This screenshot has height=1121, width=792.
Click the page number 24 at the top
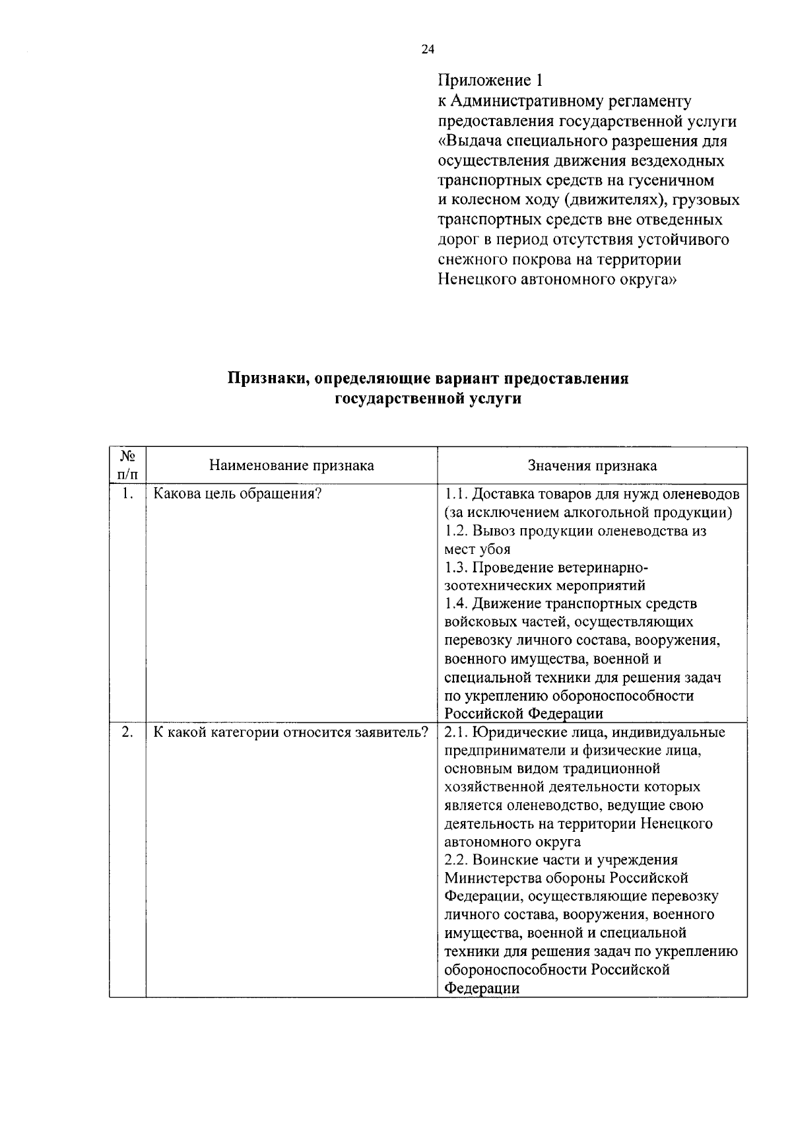(x=428, y=50)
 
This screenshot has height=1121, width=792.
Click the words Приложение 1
(x=491, y=81)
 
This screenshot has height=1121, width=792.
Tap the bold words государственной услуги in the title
(x=428, y=399)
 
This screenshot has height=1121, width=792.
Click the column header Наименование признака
(x=291, y=466)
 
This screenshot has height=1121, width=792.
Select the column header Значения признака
(x=592, y=466)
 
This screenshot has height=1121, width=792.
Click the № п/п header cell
(x=128, y=465)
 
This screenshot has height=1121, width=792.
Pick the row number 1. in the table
(x=128, y=494)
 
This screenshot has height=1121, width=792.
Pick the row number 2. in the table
(x=128, y=732)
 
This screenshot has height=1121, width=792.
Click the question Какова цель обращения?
(x=237, y=494)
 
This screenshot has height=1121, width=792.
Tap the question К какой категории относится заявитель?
(x=291, y=732)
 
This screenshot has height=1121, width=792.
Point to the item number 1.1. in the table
(x=457, y=494)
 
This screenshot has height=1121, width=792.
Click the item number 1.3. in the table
(x=457, y=567)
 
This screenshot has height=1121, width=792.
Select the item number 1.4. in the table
(x=457, y=603)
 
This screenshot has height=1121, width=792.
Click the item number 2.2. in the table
(x=457, y=860)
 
